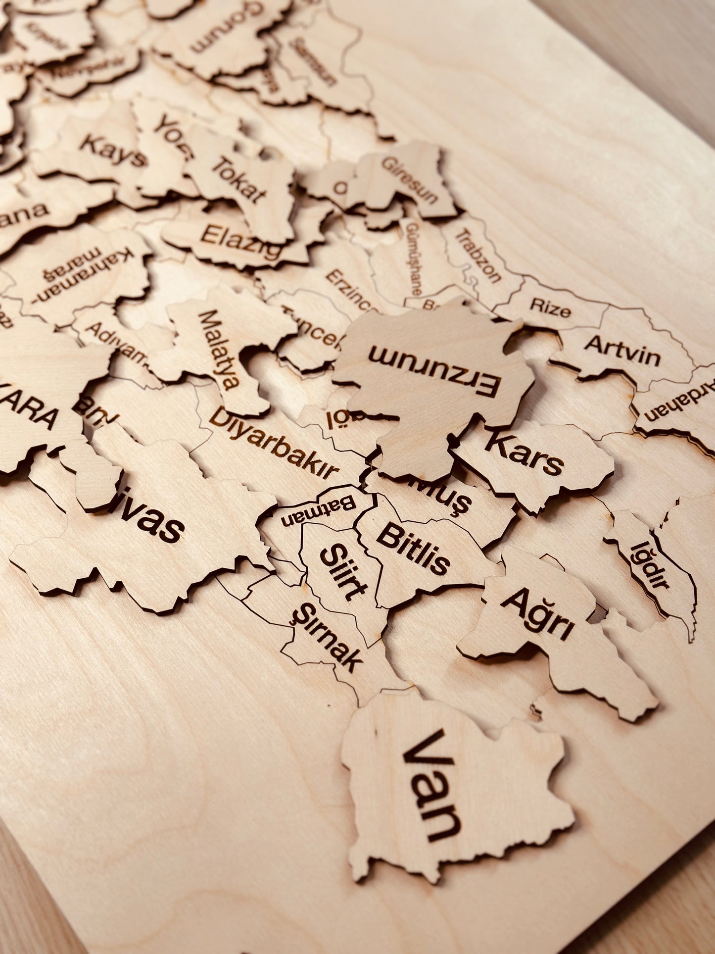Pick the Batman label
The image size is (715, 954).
(x=319, y=510)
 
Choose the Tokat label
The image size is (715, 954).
(x=238, y=179)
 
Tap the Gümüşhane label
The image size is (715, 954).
(x=414, y=258)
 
